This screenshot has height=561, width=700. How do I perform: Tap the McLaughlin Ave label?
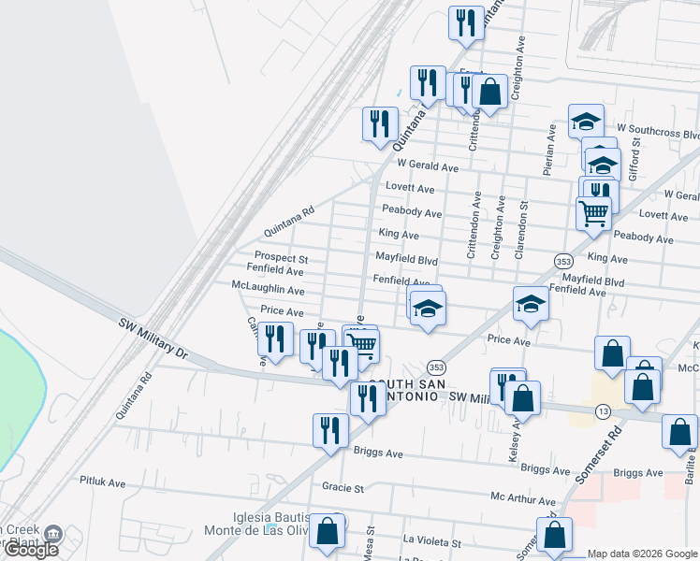[x=269, y=291]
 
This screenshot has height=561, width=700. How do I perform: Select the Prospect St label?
[x=282, y=258]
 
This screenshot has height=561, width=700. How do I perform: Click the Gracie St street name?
[x=343, y=487]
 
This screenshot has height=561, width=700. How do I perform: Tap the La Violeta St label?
[x=432, y=542]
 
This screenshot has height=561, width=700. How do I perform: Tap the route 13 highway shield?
[x=603, y=411]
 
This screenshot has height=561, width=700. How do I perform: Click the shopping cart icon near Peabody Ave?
[x=594, y=214]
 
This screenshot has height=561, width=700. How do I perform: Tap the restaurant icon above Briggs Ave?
[x=329, y=430]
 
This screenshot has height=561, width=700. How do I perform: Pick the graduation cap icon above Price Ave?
[x=530, y=305]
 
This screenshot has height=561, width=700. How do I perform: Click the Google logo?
[x=31, y=550]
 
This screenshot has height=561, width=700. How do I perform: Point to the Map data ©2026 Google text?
[x=642, y=554]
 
